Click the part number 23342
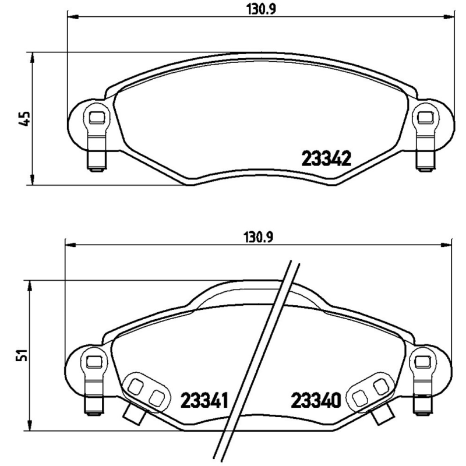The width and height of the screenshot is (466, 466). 326,159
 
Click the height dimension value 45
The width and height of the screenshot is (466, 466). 24,119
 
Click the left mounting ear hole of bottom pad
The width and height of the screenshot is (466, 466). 93,362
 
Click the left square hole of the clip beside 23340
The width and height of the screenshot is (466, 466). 362,398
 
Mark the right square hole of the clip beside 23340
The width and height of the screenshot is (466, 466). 380,386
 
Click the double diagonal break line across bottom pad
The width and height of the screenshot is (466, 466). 260,361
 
